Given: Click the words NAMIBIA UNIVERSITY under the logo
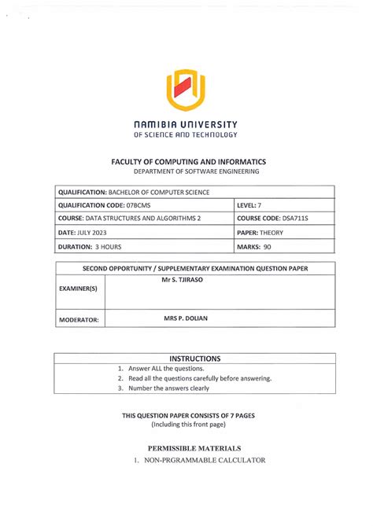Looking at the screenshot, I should click(186, 124).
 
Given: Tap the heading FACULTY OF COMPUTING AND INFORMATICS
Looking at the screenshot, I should click(186, 160).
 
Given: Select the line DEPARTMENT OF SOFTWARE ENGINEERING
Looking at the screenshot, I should click(186, 171).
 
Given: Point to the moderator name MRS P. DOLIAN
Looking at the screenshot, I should click(186, 318).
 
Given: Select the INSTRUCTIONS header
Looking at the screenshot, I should click(186, 358).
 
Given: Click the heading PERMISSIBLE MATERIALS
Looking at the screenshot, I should click(186, 448).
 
